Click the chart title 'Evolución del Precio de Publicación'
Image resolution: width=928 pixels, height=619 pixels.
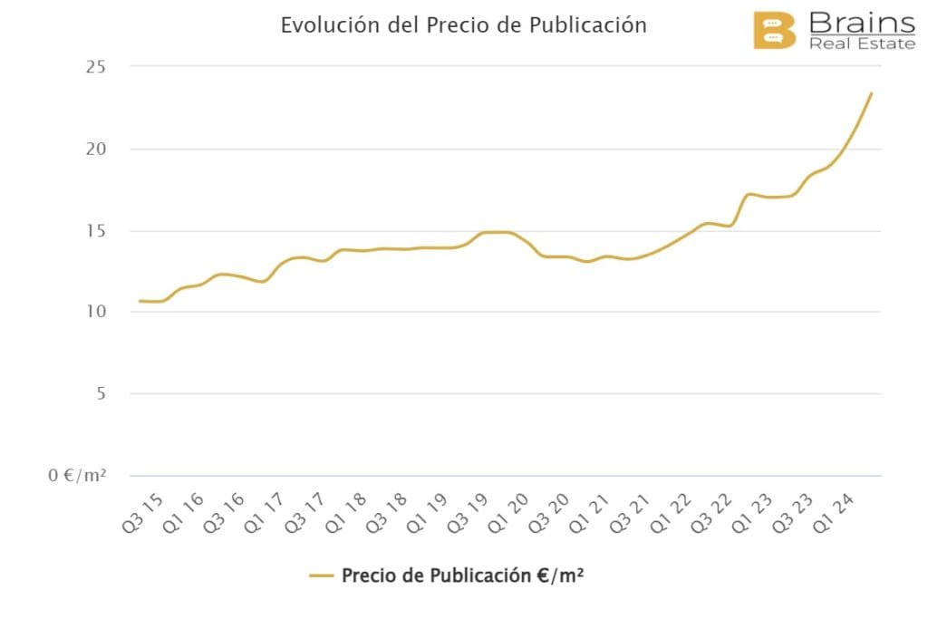click(463, 24)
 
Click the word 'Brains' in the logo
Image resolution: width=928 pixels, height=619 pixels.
click(861, 23)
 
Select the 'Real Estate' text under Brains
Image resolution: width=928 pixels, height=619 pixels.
click(861, 44)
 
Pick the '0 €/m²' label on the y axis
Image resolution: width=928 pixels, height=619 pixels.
click(78, 475)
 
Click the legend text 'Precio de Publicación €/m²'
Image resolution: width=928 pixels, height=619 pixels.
click(462, 575)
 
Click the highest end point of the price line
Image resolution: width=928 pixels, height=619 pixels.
click(871, 92)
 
